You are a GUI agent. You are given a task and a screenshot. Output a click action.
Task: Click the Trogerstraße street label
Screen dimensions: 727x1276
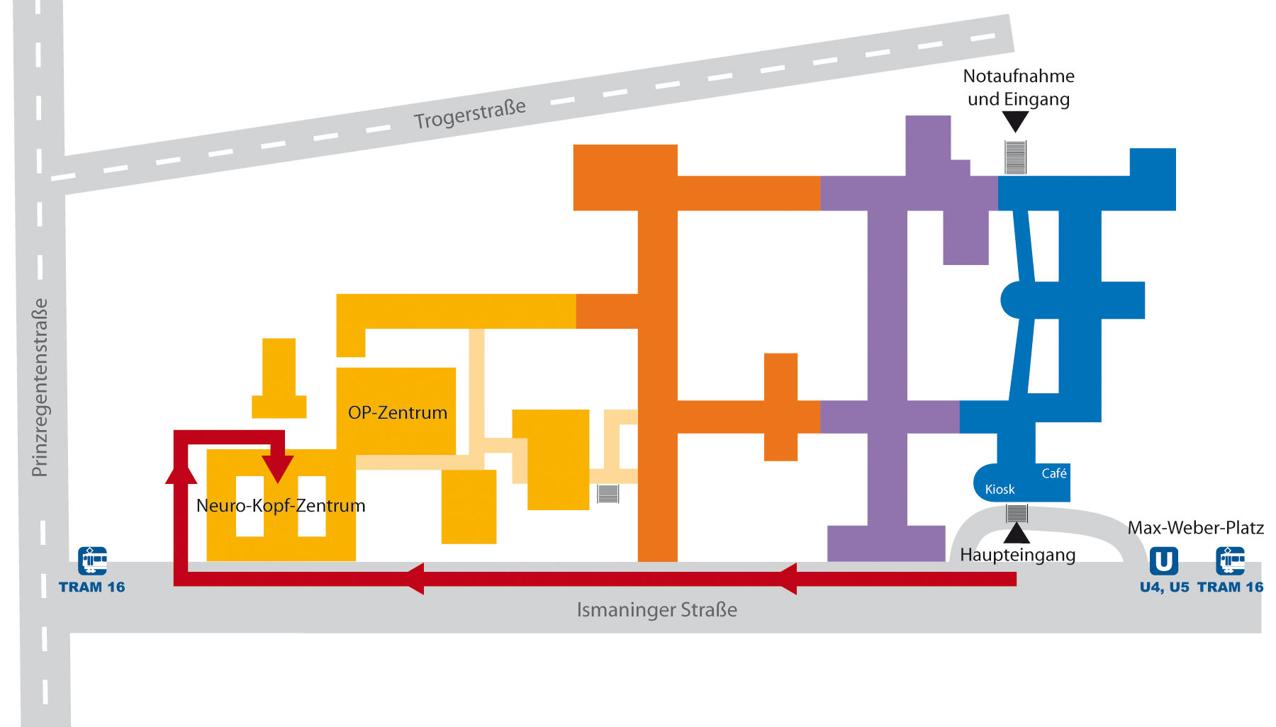(470, 114)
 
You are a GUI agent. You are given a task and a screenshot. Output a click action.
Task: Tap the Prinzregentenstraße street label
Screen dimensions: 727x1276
(40, 387)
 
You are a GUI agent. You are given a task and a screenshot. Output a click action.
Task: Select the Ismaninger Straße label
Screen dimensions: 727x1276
(656, 609)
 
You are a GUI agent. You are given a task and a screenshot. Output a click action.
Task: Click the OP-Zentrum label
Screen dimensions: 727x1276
(397, 412)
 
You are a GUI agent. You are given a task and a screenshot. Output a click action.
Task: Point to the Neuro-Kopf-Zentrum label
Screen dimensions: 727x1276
(281, 505)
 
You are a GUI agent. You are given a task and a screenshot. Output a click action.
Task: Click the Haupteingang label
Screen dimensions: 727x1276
(1017, 554)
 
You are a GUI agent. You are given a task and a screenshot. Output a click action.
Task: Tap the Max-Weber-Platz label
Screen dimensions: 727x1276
(1195, 527)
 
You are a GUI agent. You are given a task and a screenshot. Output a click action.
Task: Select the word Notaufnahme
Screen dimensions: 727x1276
(1019, 76)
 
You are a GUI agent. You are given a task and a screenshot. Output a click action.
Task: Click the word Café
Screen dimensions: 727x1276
(1053, 473)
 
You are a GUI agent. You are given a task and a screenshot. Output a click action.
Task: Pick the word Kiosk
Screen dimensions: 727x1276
(1000, 489)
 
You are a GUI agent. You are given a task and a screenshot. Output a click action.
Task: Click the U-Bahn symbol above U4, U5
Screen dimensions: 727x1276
(1163, 561)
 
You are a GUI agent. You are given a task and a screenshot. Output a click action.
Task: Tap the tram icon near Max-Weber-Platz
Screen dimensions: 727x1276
(1230, 560)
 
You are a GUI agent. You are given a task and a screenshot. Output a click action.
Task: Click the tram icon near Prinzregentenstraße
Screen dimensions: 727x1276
(92, 560)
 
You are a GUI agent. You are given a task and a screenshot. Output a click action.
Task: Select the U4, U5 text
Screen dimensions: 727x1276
(1164, 587)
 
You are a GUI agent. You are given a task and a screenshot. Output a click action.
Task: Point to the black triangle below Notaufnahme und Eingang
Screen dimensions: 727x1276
(1015, 122)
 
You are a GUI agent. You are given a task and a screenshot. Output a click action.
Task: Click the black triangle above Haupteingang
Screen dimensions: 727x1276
(1017, 534)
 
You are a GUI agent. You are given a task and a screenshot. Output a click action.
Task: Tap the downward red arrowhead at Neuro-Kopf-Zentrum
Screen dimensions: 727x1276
(278, 468)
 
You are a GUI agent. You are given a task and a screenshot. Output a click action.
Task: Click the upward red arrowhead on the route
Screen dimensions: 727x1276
(181, 471)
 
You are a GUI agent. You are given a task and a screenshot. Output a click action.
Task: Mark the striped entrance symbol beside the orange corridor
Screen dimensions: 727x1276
(608, 493)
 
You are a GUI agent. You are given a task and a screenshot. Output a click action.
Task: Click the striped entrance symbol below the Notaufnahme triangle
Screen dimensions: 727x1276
(1015, 157)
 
